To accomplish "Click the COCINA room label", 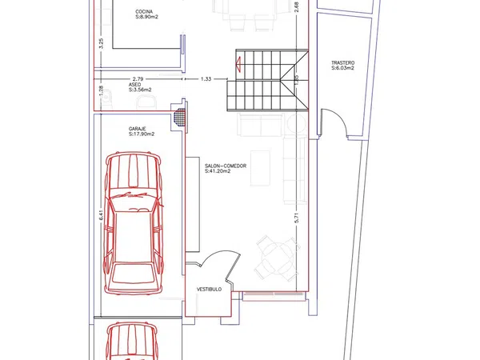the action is (x=144, y=12).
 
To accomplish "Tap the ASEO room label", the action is (x=134, y=85).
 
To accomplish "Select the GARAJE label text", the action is (x=137, y=129).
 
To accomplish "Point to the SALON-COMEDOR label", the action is (x=226, y=166).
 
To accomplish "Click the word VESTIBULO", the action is (x=209, y=290).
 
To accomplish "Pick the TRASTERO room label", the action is (x=343, y=62).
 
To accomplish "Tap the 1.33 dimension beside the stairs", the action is (x=206, y=79).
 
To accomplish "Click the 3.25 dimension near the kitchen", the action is (x=102, y=43).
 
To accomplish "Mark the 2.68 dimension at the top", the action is (x=296, y=7).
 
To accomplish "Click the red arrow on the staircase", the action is (x=238, y=65).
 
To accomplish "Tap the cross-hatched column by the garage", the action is (x=180, y=117).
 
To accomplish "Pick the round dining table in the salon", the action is (x=277, y=258).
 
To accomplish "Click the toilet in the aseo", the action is (x=146, y=102).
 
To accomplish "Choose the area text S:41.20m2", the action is (x=218, y=171).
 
